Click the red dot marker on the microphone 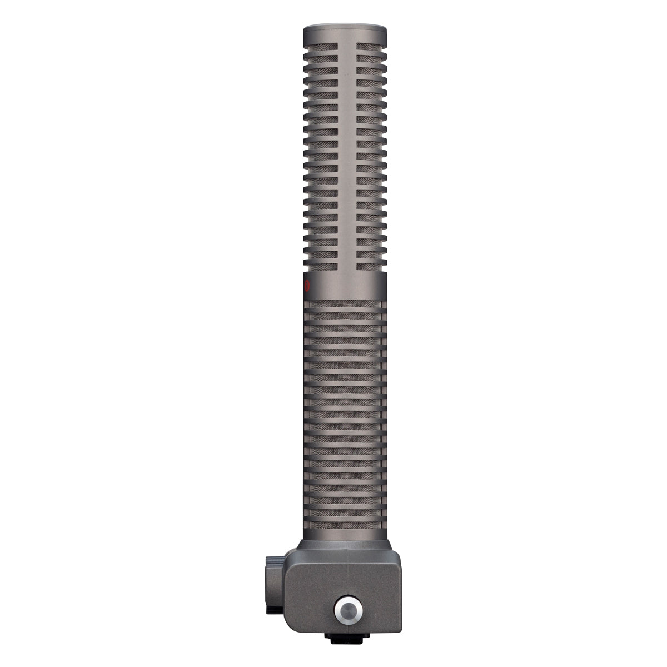click(306, 286)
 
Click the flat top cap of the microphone click(345, 28)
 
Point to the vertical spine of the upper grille click(345, 156)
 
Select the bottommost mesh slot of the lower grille click(345, 525)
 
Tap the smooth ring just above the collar click(345, 535)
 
